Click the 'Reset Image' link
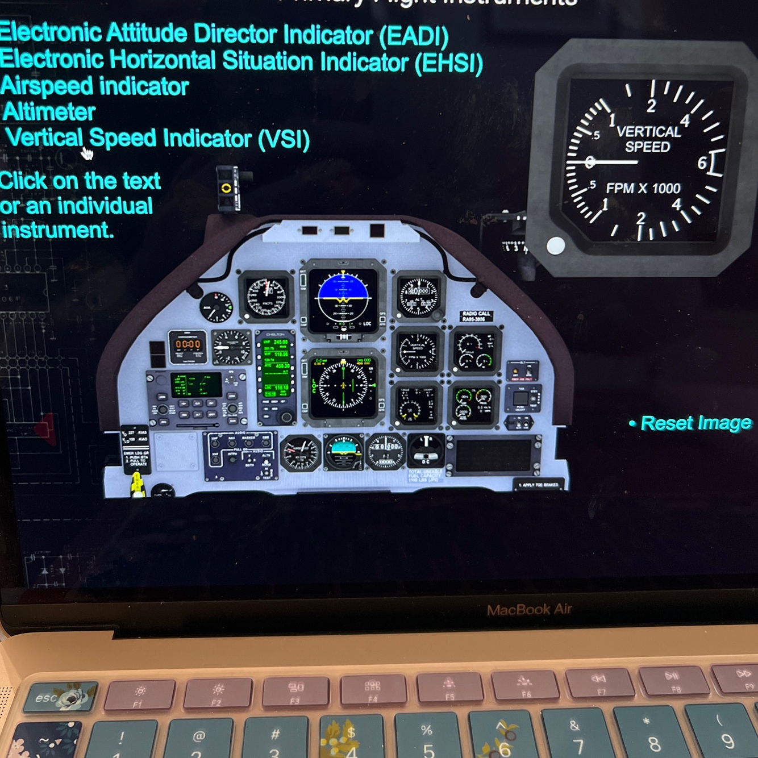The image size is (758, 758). click(x=695, y=423)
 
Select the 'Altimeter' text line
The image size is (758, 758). click(x=49, y=111)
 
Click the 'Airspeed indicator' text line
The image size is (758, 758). click(x=95, y=86)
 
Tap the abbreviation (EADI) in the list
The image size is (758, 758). click(x=414, y=36)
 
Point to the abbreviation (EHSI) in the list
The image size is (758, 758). click(x=448, y=63)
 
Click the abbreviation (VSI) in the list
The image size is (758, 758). click(x=284, y=139)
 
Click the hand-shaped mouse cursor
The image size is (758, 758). click(x=86, y=153)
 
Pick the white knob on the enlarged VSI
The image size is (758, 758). click(x=555, y=246)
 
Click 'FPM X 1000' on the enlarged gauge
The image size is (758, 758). click(x=643, y=188)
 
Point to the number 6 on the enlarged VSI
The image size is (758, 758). click(x=702, y=163)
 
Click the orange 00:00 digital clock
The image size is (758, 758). click(x=188, y=344)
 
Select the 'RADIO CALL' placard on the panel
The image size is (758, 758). click(x=476, y=316)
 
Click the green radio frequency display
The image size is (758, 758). click(x=277, y=366)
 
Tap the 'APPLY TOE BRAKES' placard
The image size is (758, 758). click(x=539, y=485)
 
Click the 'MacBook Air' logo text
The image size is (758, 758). click(x=529, y=610)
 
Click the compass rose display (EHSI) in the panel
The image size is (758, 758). click(x=343, y=385)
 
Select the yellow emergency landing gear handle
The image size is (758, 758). click(x=137, y=484)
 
